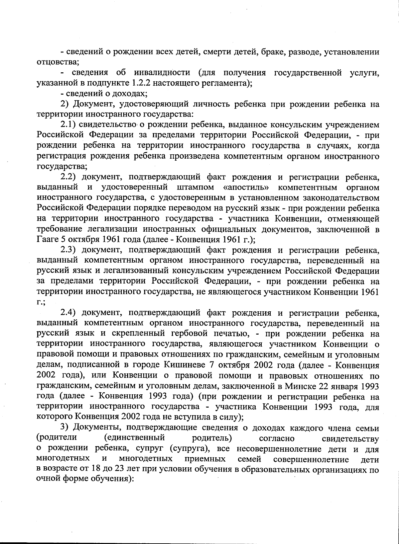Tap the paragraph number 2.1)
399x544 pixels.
[68, 125]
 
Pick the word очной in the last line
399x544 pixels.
[48, 480]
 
